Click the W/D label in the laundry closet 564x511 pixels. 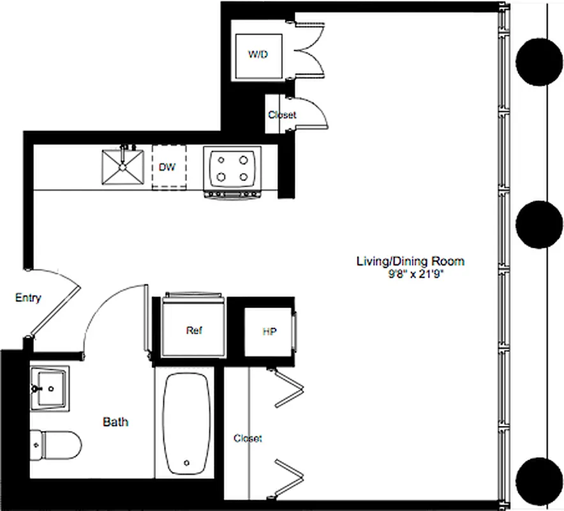click(x=258, y=54)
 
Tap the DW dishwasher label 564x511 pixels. click(x=167, y=167)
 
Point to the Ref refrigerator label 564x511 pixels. click(x=194, y=330)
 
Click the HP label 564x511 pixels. click(x=270, y=332)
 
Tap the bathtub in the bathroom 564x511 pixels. click(x=186, y=425)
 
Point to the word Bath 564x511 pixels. click(x=115, y=422)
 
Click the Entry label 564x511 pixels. click(x=27, y=298)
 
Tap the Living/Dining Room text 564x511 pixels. click(x=410, y=261)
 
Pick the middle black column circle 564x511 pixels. click(x=539, y=225)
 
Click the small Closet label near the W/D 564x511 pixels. click(x=282, y=115)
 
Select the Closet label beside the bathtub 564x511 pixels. click(x=248, y=438)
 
